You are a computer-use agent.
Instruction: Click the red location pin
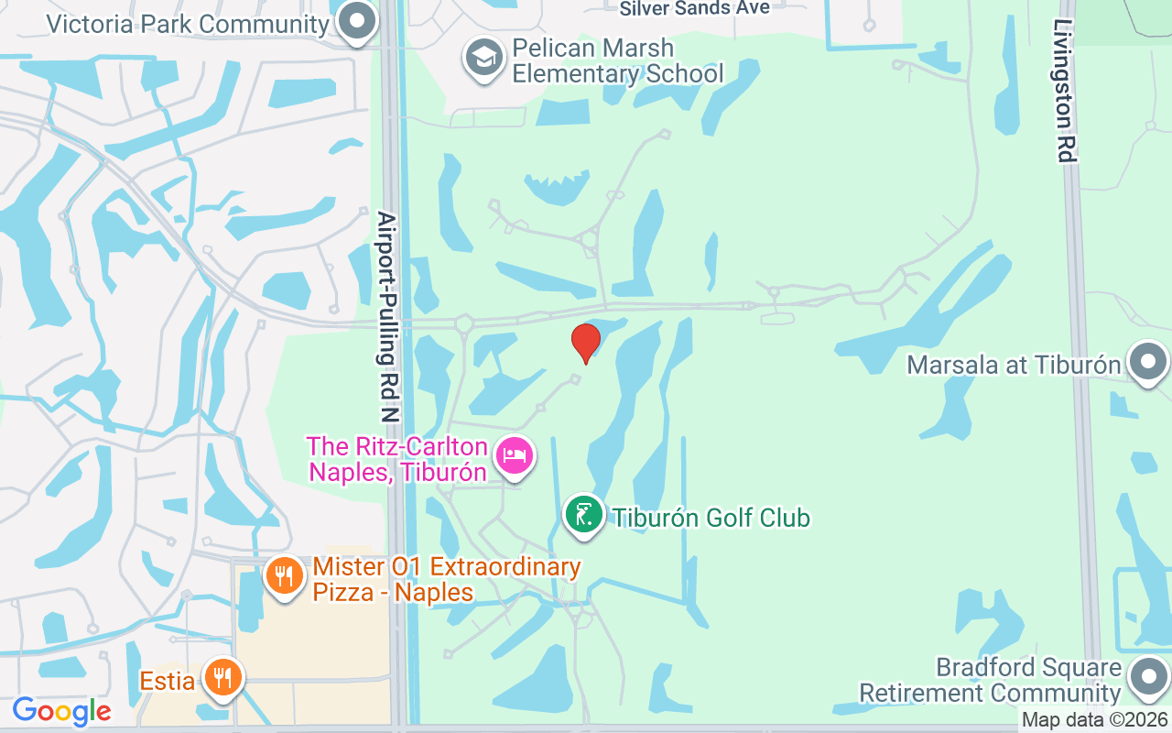pos(586,343)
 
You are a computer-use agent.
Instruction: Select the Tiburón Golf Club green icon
pos(583,514)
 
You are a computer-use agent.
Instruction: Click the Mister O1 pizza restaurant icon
pos(285,576)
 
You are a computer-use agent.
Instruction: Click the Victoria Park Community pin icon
pos(356,21)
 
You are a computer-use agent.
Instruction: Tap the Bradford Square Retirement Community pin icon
pos(1148,678)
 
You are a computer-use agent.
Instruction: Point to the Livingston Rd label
pos(1064,92)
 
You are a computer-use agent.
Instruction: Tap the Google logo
pos(61,711)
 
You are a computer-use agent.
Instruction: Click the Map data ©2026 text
pos(1095,720)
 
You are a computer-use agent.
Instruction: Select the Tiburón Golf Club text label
pos(711,518)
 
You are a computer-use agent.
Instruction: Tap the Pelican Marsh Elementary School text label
pos(617,60)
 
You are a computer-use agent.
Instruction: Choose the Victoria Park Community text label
pos(187,23)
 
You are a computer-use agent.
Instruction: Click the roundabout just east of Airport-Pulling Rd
pos(463,323)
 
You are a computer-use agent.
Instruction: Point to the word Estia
pos(168,681)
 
